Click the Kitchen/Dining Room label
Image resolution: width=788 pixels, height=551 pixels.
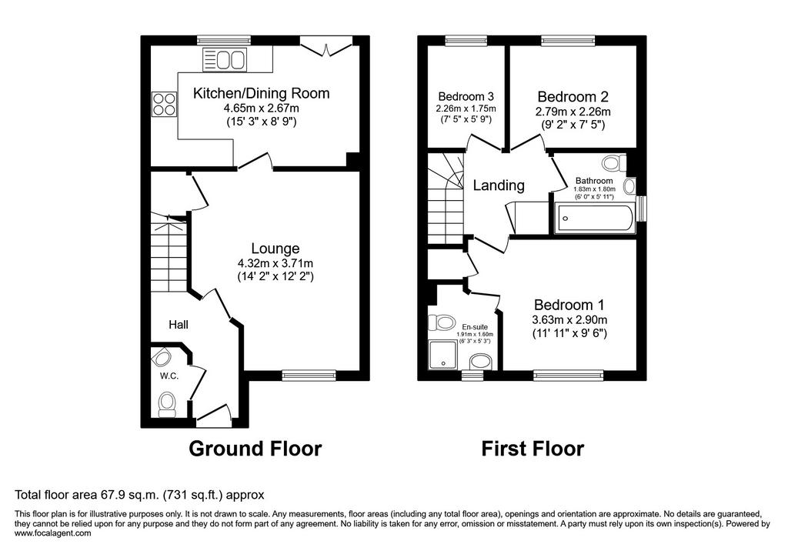[x=262, y=93]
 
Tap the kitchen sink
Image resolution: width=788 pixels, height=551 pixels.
[x=225, y=60]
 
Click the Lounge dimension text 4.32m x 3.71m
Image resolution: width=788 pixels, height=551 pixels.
[x=275, y=263]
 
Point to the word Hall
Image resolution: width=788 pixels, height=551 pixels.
[x=179, y=325]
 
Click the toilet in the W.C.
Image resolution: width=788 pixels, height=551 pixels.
[x=167, y=405]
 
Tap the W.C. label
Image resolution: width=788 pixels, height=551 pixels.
[x=169, y=376]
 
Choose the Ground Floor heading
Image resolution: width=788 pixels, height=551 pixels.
[x=255, y=448]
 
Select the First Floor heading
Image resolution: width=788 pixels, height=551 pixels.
[x=533, y=448]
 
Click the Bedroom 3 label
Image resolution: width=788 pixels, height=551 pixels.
[x=466, y=96]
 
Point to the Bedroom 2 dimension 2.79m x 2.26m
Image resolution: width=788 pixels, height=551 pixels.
[x=573, y=112]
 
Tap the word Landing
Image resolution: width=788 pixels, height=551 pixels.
[x=499, y=185]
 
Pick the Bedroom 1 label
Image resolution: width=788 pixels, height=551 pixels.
[x=569, y=305]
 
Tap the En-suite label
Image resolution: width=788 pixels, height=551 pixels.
[x=475, y=327]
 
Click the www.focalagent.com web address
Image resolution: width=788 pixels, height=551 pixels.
[x=53, y=533]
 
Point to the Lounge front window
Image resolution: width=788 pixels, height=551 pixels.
[x=309, y=375]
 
